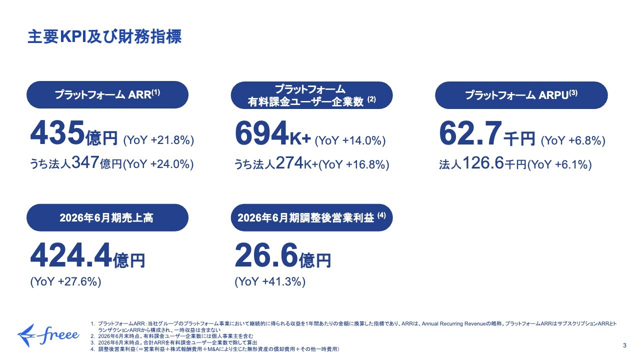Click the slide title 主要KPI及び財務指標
tap(104, 37)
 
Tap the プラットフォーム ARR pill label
tap(107, 94)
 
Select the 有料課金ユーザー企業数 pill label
tap(311, 95)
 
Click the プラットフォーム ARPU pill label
tap(521, 95)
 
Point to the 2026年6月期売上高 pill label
tap(107, 217)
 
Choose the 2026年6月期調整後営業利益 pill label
tap(311, 217)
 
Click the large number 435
tap(57, 133)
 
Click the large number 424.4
tap(71, 255)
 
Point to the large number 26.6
tap(266, 255)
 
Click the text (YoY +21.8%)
tap(158, 140)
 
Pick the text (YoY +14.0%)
tap(350, 140)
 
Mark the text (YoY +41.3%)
tap(270, 281)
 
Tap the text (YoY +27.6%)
tap(65, 281)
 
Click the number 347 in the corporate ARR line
tap(85, 162)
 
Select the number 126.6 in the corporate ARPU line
tap(483, 163)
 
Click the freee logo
tap(48, 335)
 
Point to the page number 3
tap(624, 345)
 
